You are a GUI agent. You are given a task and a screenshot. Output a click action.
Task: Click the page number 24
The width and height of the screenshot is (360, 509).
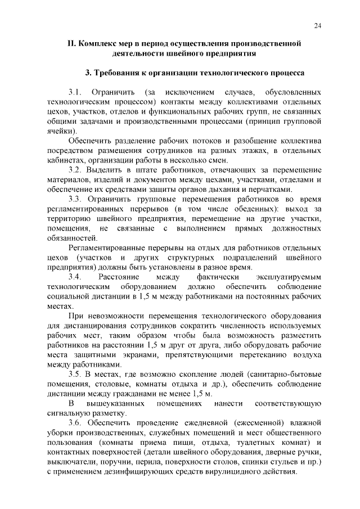coord(318,25)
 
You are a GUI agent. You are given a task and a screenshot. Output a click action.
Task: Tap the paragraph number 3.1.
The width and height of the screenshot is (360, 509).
coord(76,91)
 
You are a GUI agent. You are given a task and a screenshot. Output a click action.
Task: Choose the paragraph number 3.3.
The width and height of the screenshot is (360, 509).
coord(76,199)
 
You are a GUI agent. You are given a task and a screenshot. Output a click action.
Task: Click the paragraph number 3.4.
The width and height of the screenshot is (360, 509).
coord(76,277)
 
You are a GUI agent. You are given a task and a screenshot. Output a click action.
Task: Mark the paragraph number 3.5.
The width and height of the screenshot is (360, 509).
coord(76,375)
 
